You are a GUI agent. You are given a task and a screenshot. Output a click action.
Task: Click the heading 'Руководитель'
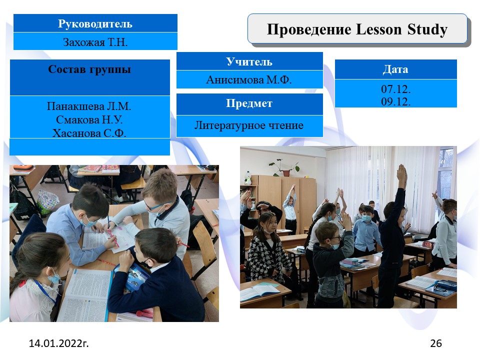(95, 24)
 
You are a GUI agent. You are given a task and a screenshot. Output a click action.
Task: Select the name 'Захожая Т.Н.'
(95, 42)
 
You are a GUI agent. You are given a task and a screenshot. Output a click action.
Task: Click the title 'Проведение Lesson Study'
(357, 29)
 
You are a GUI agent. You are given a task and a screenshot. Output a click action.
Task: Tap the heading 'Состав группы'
(89, 69)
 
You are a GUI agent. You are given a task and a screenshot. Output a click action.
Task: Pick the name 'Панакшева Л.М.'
(89, 106)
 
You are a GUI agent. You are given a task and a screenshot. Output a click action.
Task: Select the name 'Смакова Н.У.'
(89, 119)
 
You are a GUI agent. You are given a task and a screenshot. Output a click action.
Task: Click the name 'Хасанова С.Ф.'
(89, 133)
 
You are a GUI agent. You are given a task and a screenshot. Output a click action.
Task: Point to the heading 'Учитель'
(249, 62)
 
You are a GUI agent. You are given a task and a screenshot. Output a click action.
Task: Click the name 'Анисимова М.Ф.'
(249, 79)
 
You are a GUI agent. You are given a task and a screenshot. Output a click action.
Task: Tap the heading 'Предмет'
(249, 103)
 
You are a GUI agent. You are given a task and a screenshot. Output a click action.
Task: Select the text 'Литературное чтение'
(249, 125)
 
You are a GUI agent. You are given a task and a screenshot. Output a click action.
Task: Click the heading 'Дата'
(395, 69)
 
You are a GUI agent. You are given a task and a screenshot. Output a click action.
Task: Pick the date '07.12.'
(396, 89)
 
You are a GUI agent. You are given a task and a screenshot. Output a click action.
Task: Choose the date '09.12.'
(396, 101)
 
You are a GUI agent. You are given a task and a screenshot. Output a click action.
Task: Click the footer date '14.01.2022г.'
(59, 343)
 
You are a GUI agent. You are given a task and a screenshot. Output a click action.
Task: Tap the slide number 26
(436, 343)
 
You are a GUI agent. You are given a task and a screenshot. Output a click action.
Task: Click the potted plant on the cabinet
(284, 167)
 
